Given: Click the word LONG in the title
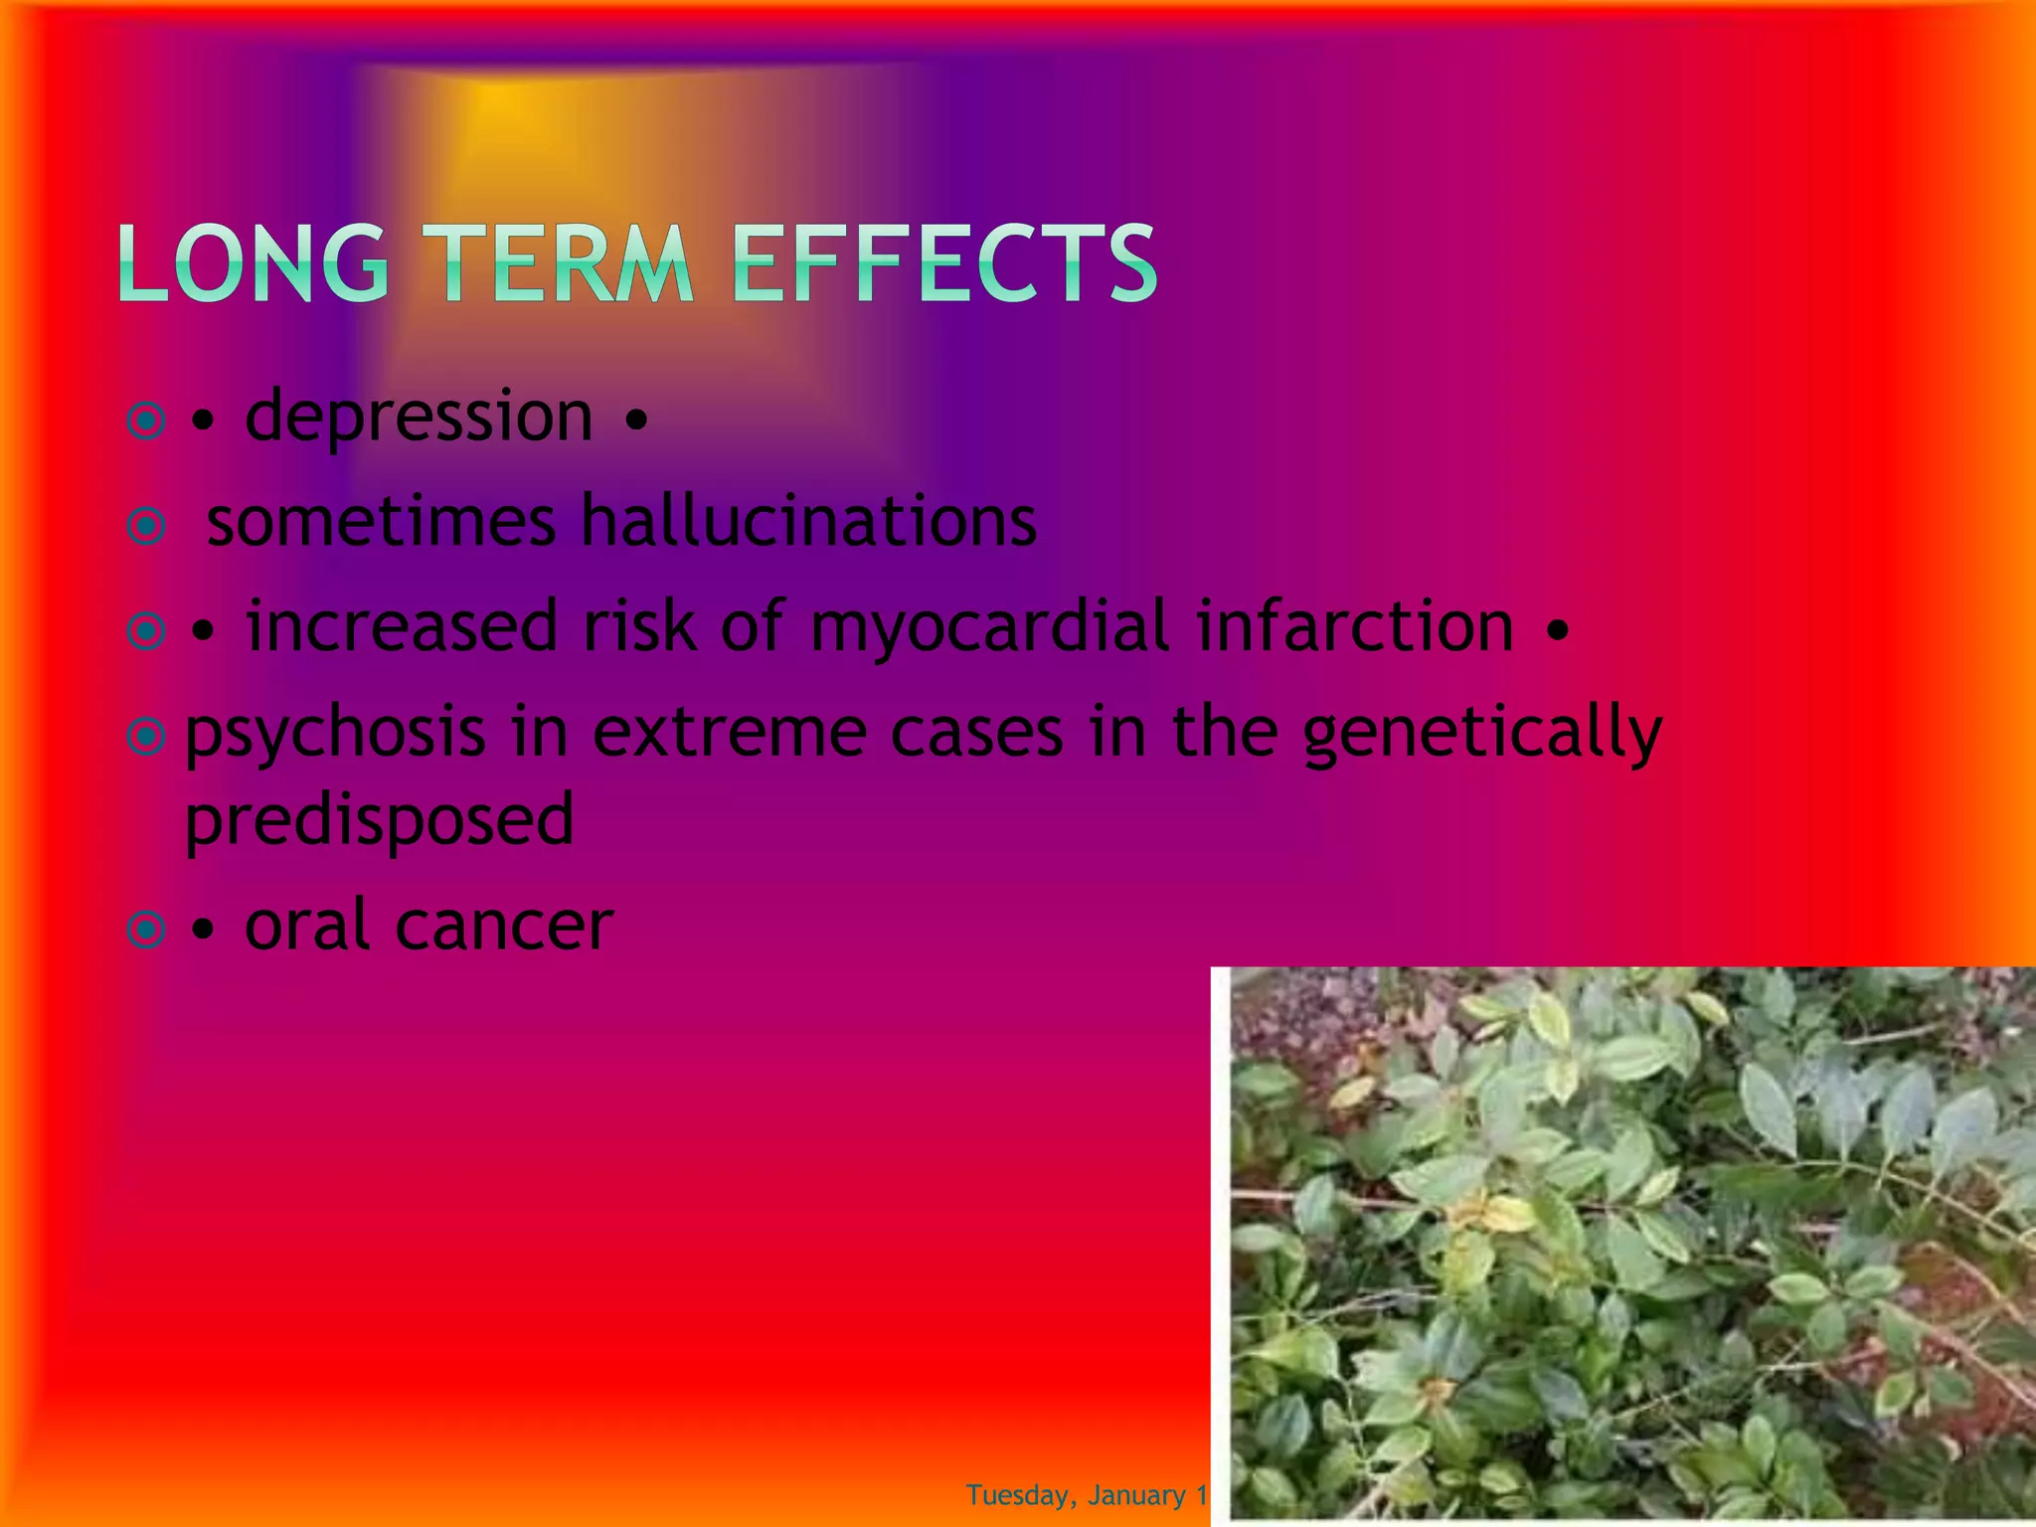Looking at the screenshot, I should (x=254, y=263).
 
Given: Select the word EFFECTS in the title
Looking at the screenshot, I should (x=944, y=263).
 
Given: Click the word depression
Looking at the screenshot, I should (x=419, y=418).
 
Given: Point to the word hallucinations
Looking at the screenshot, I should (x=808, y=522).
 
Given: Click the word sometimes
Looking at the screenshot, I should (x=381, y=522).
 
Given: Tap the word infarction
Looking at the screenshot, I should (x=1355, y=626).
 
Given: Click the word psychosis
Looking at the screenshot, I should (x=335, y=734).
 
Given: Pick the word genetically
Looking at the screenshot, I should (x=1481, y=734).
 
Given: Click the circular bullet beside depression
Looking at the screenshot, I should (x=147, y=422).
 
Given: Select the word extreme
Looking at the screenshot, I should (x=729, y=734).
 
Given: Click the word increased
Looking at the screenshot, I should (x=402, y=626).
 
